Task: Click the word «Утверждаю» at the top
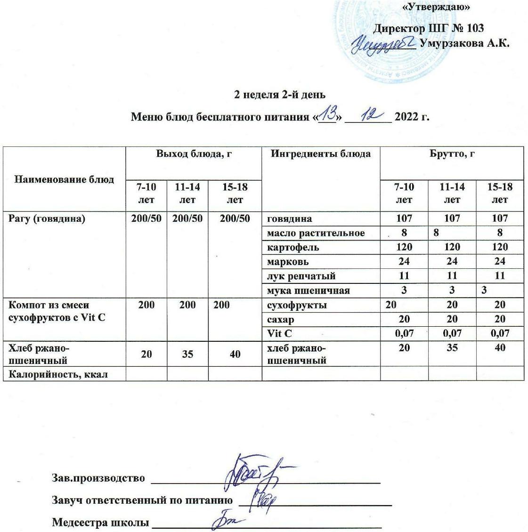437,7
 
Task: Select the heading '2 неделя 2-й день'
280,94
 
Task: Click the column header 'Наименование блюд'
65,179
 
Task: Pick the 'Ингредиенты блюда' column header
320,153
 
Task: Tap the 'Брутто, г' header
452,153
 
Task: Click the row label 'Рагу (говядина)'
47,218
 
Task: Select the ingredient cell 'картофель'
293,247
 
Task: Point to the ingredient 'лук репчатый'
301,276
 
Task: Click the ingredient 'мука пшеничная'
308,290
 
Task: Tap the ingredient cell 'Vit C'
279,334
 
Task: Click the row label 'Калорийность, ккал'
58,374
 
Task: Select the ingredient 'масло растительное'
316,233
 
